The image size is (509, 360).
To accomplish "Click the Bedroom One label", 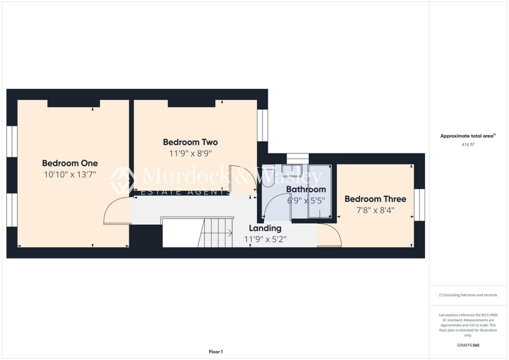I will (70, 163).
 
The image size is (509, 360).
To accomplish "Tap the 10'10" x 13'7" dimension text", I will (70, 175).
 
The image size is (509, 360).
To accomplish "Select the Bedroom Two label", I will (190, 142).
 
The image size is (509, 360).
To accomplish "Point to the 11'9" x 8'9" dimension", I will (190, 154).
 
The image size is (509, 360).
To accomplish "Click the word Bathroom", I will (306, 189).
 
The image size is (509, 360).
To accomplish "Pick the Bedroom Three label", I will (375, 199).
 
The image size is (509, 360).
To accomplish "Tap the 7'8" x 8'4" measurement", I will (375, 210).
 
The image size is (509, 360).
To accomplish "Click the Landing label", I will (265, 228).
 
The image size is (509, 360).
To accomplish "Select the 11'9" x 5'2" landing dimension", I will (265, 239).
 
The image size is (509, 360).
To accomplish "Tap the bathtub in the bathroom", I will (320, 191).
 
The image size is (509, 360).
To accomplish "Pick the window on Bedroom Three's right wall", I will (420, 204).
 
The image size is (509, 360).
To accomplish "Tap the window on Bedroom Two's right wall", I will (262, 125).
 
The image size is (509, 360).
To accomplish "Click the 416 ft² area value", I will (467, 144).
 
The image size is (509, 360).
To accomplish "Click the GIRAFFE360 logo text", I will (468, 345).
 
